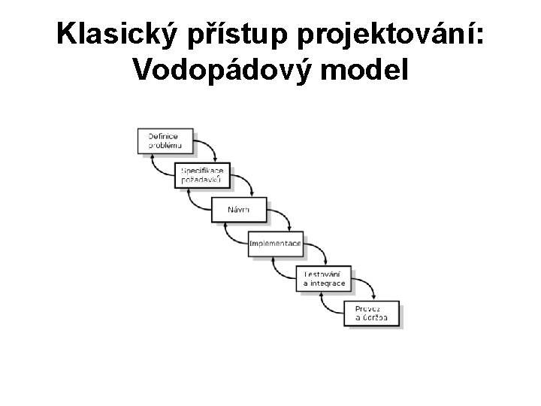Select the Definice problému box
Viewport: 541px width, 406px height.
(165, 141)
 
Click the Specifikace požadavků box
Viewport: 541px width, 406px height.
(202, 176)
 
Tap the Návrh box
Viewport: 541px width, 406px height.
(239, 209)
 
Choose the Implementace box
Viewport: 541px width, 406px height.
(276, 244)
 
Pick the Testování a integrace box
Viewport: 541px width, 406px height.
(325, 279)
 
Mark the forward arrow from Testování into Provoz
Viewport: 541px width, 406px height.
(368, 286)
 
